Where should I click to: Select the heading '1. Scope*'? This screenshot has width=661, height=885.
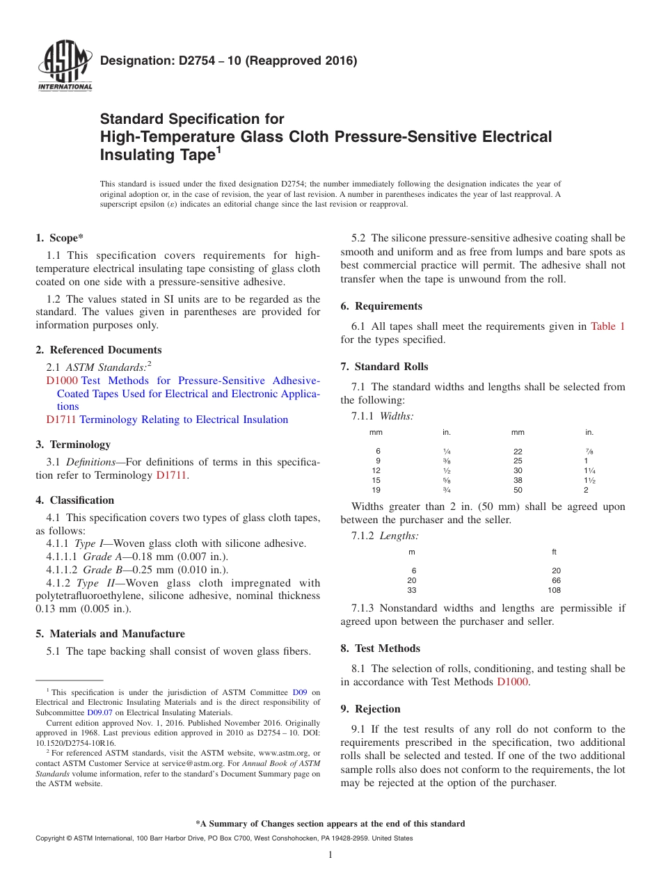pos(59,238)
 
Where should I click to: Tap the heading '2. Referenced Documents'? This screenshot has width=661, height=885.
pos(99,350)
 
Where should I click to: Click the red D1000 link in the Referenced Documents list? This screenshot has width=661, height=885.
pos(62,381)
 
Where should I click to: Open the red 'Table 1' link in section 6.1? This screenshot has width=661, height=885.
pos(607,326)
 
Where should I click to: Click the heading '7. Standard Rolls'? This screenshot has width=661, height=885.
pos(384,367)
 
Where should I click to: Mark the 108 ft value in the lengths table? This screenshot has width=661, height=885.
pos(554,590)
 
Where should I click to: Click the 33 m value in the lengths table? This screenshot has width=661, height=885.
pos(412,590)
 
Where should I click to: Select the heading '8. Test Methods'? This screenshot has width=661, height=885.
pos(380,648)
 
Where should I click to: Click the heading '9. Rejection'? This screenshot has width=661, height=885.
pos(370,709)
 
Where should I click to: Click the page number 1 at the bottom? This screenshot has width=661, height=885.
pos(330,855)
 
